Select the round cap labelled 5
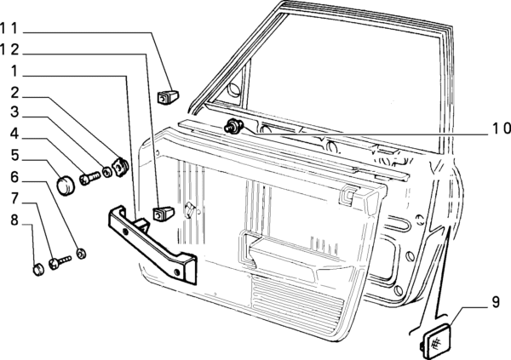tap(66, 181)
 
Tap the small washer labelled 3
tap(107, 174)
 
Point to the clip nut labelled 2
tap(120, 163)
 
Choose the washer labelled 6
tap(80, 253)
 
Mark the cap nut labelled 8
tap(37, 270)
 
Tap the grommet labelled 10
tap(232, 128)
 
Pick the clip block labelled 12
tap(162, 210)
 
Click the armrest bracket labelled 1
tap(153, 246)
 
